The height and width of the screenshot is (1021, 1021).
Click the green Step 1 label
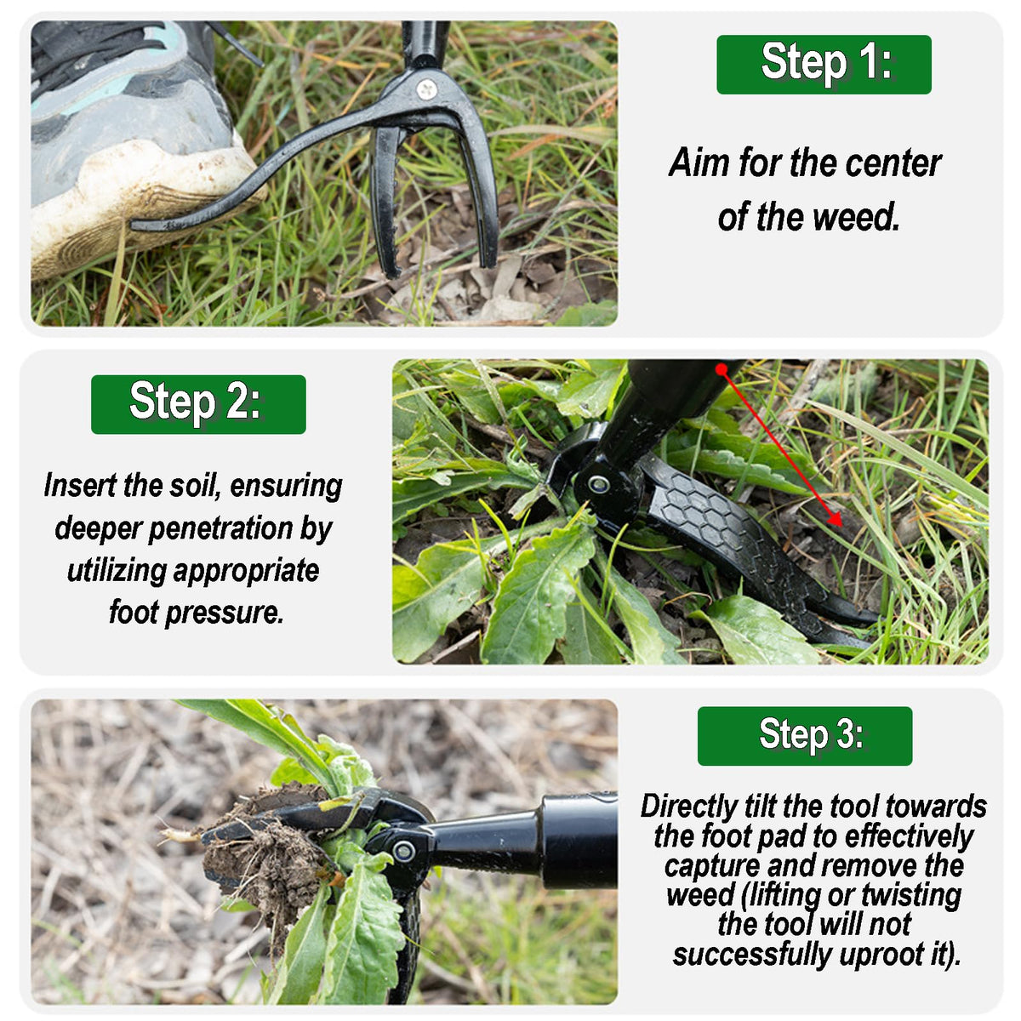(824, 65)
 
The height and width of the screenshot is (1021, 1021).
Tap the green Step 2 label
(198, 404)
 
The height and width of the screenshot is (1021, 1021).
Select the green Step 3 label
(804, 736)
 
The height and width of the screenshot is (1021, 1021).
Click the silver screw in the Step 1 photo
(427, 89)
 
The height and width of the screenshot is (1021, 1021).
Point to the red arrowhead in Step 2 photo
(835, 518)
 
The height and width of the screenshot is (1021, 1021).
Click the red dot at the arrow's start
(722, 369)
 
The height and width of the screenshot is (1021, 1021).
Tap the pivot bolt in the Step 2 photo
(599, 484)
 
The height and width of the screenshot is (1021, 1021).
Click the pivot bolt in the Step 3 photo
(404, 852)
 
